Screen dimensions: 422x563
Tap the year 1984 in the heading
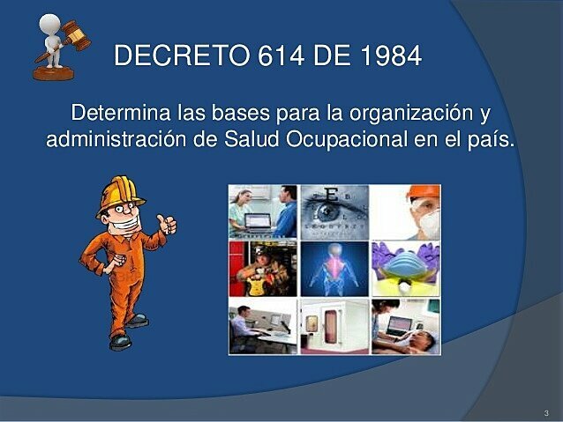click(391, 56)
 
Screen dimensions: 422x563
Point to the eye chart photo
click(334, 211)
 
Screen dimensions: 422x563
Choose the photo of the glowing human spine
click(334, 268)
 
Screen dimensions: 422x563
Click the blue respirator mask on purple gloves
click(405, 268)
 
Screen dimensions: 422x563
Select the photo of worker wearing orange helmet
click(405, 211)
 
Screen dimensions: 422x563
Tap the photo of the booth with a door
click(334, 325)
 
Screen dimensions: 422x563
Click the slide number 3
click(546, 412)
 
